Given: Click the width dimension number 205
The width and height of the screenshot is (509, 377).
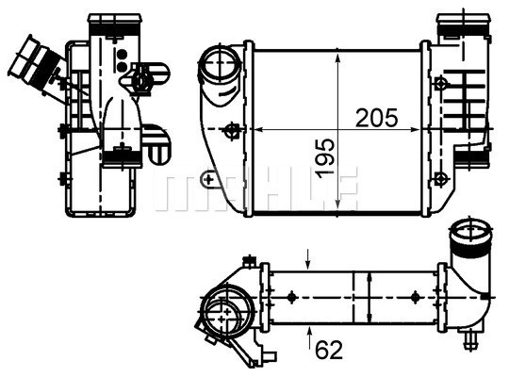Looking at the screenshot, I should (x=377, y=118).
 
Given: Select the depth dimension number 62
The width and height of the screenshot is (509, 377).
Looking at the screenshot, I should (x=328, y=350).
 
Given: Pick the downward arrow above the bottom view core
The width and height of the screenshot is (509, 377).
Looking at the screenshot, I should (x=312, y=256).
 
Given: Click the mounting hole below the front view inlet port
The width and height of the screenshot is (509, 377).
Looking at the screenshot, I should (x=226, y=131).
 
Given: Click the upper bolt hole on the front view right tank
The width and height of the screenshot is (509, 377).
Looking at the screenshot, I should (x=441, y=83).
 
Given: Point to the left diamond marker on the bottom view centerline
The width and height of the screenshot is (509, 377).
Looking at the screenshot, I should (x=292, y=298).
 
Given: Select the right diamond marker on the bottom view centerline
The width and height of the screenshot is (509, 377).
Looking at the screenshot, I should (x=415, y=298).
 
